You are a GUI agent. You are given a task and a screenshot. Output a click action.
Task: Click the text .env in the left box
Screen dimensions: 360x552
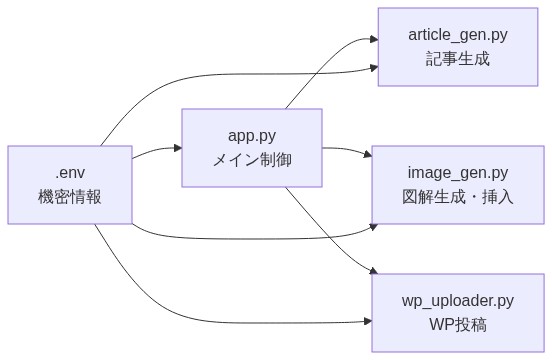(x=69, y=172)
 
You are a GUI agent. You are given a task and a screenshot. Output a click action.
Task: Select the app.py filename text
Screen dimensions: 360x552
(x=251, y=135)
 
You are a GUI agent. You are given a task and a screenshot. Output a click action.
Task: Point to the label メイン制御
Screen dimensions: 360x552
(x=251, y=160)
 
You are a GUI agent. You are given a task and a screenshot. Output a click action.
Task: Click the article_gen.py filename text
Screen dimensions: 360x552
(x=457, y=35)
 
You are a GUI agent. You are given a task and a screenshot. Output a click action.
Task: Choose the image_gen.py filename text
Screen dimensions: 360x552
(x=457, y=172)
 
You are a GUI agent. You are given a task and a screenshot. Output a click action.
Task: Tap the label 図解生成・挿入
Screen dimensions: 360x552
(x=457, y=197)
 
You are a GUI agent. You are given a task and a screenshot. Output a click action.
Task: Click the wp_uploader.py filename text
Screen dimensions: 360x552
(x=457, y=300)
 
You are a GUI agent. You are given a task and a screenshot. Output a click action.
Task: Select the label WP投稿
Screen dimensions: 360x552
(x=457, y=325)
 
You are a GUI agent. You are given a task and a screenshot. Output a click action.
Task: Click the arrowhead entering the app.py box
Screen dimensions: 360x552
(x=177, y=148)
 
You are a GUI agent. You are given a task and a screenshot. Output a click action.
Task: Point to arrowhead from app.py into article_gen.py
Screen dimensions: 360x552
(x=374, y=39)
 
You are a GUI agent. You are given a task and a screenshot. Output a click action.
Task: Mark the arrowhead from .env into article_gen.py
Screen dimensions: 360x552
(x=374, y=68)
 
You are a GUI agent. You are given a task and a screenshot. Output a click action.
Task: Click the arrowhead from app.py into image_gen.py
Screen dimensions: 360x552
(x=368, y=154)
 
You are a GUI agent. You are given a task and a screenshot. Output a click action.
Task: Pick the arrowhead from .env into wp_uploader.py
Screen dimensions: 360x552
(x=368, y=322)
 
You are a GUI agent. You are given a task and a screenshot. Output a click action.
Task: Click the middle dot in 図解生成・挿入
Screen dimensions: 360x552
(x=473, y=197)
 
